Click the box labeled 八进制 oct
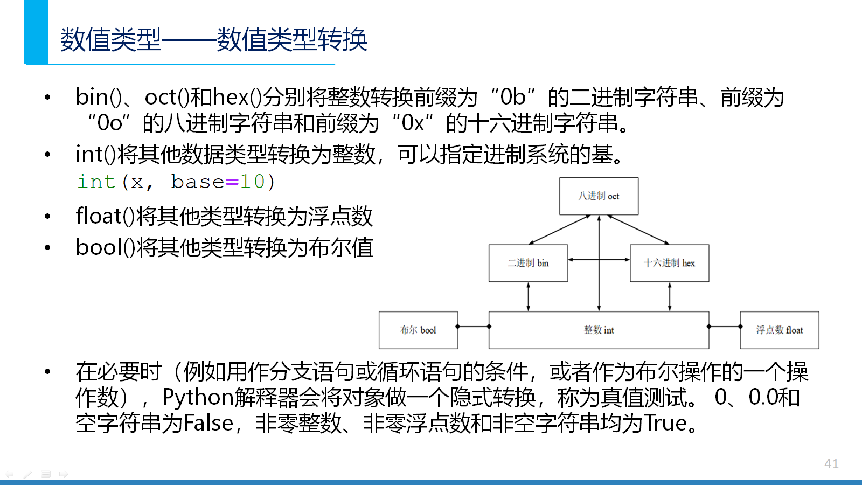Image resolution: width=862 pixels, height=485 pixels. tap(599, 196)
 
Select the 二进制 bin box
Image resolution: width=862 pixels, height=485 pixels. tap(528, 264)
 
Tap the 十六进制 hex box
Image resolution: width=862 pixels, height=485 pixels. tap(670, 264)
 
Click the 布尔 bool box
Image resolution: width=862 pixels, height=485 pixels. tap(418, 330)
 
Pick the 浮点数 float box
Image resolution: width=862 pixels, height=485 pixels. tap(780, 330)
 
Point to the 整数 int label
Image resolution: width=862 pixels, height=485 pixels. tap(599, 330)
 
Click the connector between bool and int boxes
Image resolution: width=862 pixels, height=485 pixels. tap(474, 327)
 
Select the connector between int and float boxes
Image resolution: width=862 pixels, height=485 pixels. tap(725, 327)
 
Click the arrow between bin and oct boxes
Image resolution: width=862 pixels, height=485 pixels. tap(560, 230)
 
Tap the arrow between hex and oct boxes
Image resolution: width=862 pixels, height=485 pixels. tap(638, 230)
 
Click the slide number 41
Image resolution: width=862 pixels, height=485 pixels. tap(831, 463)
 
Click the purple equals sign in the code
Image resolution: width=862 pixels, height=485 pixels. tap(232, 182)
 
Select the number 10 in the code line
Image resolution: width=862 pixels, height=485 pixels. tap(252, 182)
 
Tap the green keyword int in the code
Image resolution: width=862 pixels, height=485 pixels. tap(96, 182)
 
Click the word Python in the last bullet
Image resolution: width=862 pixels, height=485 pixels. tap(198, 398)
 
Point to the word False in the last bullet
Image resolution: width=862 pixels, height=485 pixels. tap(208, 422)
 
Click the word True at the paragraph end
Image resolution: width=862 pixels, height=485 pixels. tap(665, 422)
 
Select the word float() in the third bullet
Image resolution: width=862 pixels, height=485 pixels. tap(105, 216)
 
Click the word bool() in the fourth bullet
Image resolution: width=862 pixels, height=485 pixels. tap(105, 247)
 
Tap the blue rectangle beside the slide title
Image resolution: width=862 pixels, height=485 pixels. tap(36, 32)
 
